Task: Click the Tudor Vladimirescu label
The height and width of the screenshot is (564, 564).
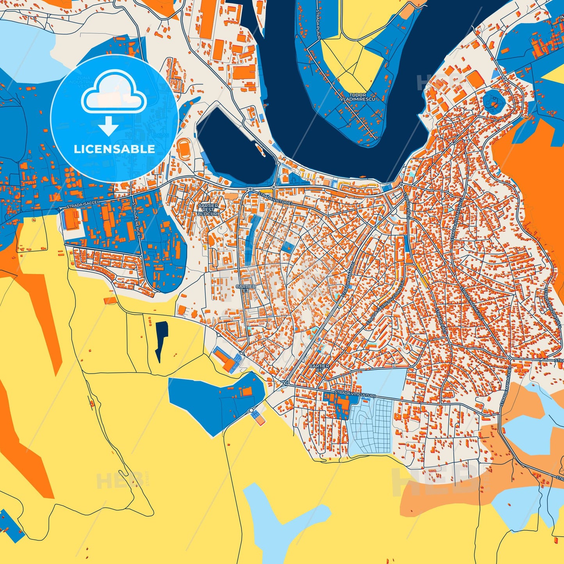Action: (358, 97)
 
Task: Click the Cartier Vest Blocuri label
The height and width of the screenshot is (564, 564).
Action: (208, 210)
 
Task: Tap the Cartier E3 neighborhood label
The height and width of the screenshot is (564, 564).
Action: (246, 288)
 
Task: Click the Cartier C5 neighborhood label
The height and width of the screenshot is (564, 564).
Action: (319, 368)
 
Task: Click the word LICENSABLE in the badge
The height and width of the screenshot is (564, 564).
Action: (114, 149)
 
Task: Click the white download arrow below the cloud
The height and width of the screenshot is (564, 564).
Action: (108, 126)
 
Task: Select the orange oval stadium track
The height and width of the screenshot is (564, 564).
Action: (183, 149)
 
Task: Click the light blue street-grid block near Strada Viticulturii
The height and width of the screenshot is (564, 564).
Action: (371, 427)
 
